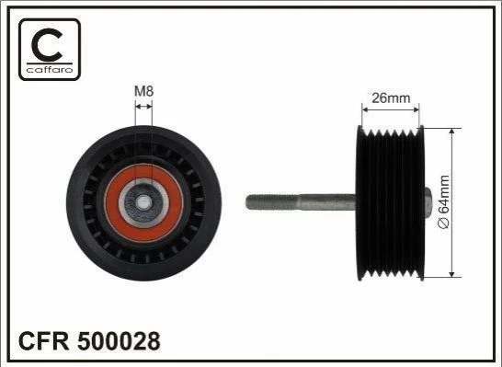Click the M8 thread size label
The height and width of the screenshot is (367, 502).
(143, 91)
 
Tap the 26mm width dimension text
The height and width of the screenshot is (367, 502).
(391, 98)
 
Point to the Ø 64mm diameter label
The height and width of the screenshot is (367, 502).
(444, 201)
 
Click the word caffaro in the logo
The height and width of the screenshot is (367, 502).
(50, 70)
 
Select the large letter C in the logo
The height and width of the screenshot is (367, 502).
(47, 45)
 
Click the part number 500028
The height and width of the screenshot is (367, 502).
(119, 341)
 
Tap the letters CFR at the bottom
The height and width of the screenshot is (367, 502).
(44, 341)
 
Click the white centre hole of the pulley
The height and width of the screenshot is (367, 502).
(143, 202)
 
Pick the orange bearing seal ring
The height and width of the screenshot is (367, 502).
(143, 203)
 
